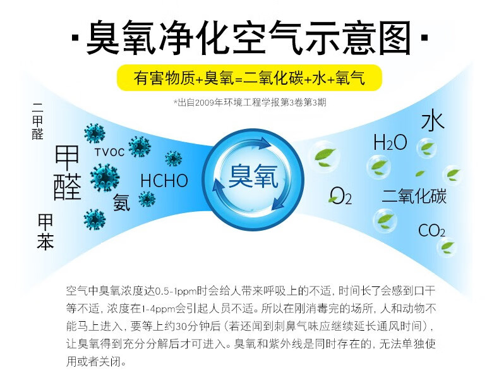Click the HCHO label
point(164,181)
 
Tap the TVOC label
point(109,152)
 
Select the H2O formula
point(390,142)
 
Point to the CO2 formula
point(431,230)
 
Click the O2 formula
point(341,195)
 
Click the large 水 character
point(433,119)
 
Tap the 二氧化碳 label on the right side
point(414,196)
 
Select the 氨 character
point(121,202)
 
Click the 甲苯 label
point(45,231)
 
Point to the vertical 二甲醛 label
point(37,121)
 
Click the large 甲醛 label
point(67,173)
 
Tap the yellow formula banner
point(249,78)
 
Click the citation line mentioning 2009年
point(250,102)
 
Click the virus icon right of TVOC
point(140,147)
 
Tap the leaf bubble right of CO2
point(447,247)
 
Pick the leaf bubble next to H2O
point(426,148)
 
